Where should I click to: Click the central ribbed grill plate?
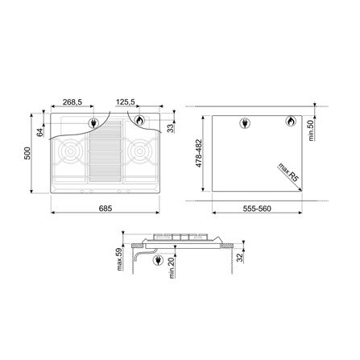(106, 158)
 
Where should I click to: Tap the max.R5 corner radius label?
(283, 172)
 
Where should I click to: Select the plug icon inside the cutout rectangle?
(246, 123)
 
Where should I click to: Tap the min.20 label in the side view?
(172, 267)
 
